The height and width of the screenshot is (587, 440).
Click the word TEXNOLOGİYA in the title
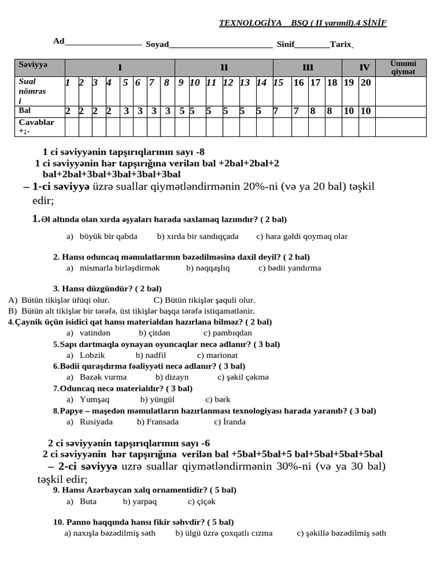250,23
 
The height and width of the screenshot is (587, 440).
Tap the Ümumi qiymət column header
403,68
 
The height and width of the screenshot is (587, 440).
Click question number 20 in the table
366,83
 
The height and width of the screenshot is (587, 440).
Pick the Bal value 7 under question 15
276,111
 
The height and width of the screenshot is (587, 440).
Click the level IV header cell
364,68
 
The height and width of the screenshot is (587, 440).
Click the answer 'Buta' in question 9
88,501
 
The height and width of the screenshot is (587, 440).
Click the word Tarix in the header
340,44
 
